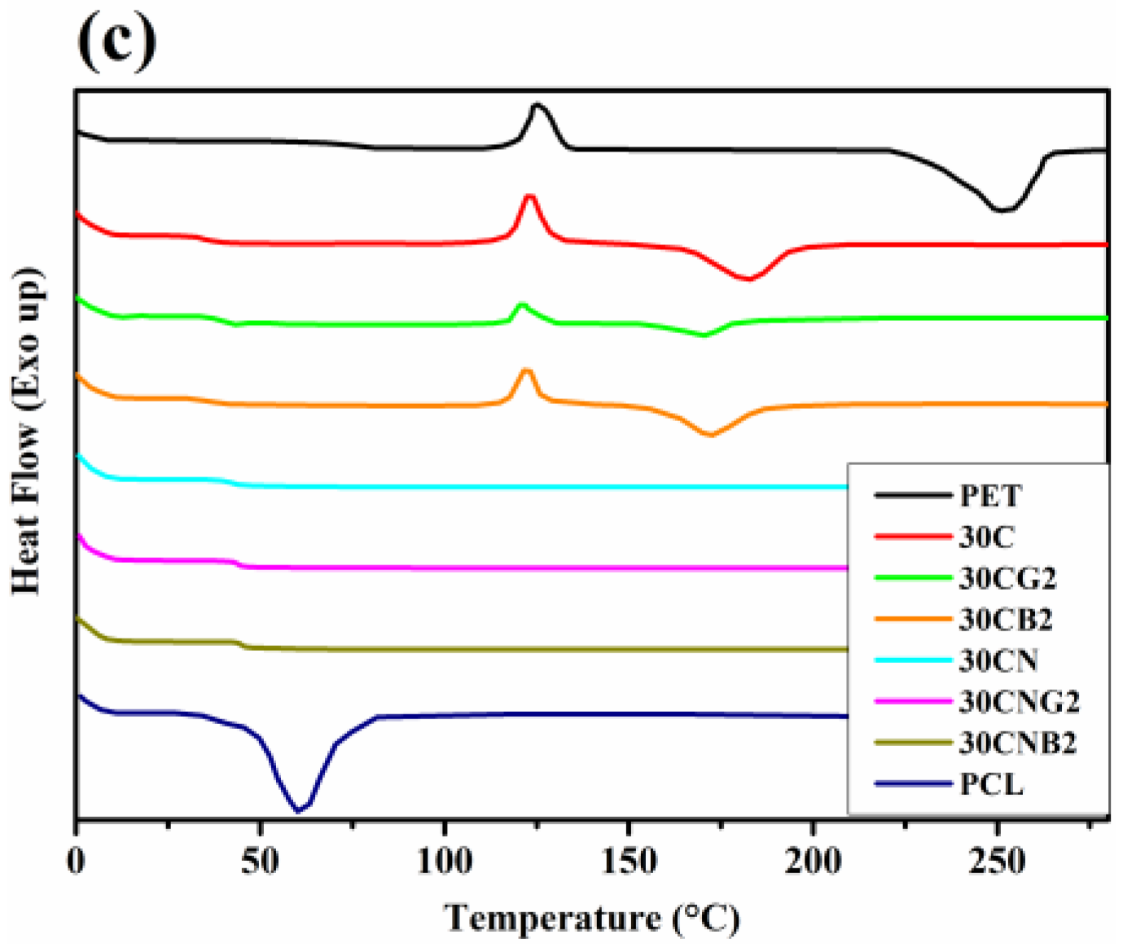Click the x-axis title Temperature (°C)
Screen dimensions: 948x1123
pos(592,919)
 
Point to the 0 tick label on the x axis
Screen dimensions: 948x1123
pos(76,861)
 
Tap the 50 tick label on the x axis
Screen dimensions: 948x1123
pos(260,861)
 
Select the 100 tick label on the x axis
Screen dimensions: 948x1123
pos(444,861)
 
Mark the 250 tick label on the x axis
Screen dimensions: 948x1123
pos(997,861)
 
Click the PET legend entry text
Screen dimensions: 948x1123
pos(990,495)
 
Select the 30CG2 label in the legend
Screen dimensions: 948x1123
pos(1007,578)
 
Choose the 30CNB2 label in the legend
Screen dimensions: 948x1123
pos(1017,743)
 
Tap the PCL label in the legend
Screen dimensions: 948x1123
pos(991,784)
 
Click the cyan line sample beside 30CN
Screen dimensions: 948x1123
pos(913,660)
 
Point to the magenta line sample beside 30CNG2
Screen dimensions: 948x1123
pos(913,701)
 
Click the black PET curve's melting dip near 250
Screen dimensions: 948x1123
pos(1002,210)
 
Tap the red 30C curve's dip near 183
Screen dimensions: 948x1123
pos(748,279)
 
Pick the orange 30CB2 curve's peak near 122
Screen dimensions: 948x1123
pos(526,371)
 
